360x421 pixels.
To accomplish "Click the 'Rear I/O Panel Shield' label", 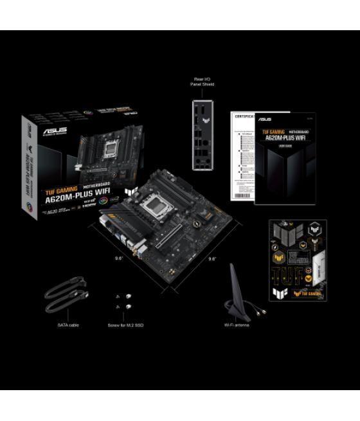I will coord(203,81).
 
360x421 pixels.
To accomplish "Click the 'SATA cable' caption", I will coord(68,325).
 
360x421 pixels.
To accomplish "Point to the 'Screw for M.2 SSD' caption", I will coord(126,325).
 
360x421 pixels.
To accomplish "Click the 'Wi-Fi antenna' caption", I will coord(237,325).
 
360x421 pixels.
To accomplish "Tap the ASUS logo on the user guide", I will coord(264,120).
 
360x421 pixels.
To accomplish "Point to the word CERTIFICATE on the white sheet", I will coord(243,116).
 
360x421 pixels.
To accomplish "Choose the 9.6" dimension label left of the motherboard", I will coord(118,258).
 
